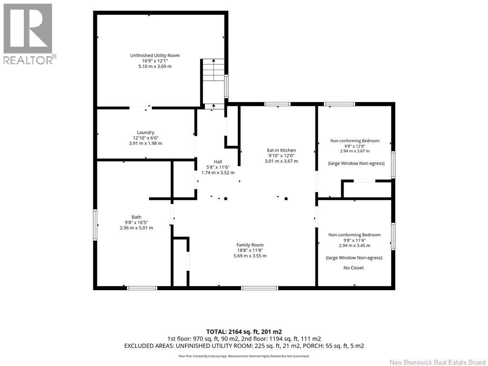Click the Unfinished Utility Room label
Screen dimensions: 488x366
click(155, 55)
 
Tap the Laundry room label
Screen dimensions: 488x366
click(145, 132)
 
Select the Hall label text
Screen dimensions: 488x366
click(218, 162)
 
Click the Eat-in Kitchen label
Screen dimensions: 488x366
click(281, 150)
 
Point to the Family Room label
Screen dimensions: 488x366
click(250, 245)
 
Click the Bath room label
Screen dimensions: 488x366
click(136, 217)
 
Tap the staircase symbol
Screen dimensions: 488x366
click(214, 70)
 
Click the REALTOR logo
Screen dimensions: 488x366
click(28, 34)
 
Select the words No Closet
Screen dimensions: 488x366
click(354, 268)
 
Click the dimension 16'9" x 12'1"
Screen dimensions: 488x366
click(155, 61)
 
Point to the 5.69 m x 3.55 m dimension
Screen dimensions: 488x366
click(250, 256)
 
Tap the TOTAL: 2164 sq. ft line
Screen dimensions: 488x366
click(244, 332)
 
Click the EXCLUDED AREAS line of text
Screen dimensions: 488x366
click(244, 346)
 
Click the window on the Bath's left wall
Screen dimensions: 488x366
click(95, 225)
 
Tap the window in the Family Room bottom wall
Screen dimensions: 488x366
click(260, 288)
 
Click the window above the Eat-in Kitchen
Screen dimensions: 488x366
click(278, 104)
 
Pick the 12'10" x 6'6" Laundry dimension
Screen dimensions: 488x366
click(146, 138)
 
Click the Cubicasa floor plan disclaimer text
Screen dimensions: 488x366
click(244, 356)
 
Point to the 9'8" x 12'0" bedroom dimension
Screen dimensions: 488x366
click(355, 146)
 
